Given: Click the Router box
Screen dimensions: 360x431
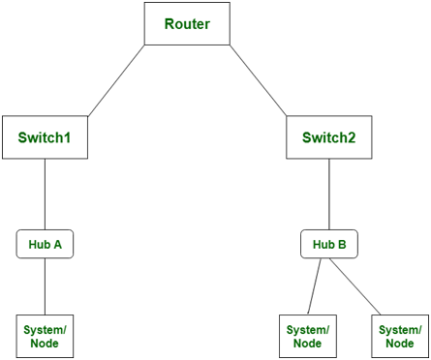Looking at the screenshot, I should point(187,23).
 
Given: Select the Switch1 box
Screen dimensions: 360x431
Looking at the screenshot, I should point(46,137).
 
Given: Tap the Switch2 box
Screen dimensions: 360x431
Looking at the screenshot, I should point(329,137).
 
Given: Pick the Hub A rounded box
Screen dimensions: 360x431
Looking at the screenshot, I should point(46,245).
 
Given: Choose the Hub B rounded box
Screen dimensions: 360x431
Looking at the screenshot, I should point(329,245).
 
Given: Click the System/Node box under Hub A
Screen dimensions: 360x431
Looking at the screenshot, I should point(46,336).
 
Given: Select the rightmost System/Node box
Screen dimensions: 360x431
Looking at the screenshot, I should point(398,336).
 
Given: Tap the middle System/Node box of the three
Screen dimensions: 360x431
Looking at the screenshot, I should point(308,336).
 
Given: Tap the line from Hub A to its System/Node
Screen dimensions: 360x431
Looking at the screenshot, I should point(46,286).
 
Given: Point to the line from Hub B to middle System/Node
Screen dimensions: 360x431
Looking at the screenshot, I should point(318,286).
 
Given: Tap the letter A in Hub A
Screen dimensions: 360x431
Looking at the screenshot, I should point(57,245).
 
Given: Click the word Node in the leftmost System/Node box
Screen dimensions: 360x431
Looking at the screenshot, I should point(46,344).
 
